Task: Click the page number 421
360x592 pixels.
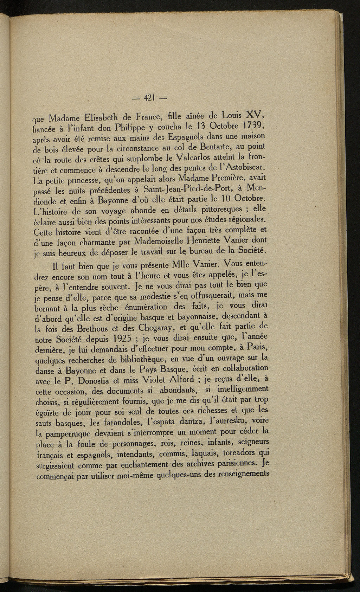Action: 150,98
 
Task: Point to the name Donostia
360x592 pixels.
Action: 97,380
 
